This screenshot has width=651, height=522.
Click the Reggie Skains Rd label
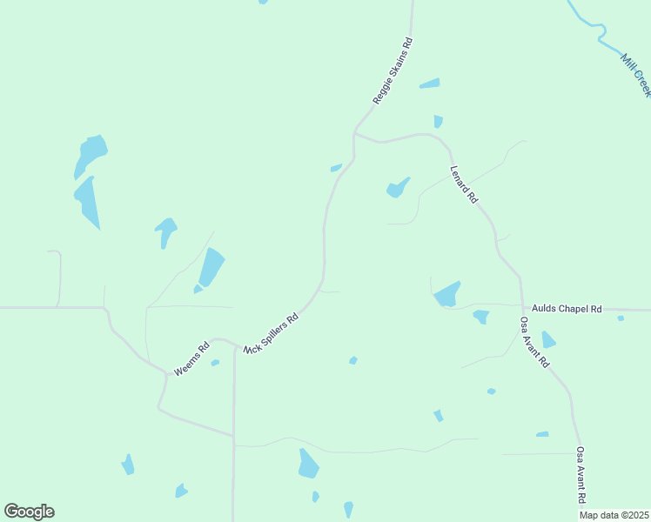click(392, 71)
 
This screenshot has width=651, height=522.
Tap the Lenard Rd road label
click(464, 184)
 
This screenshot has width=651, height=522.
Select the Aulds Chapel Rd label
click(567, 309)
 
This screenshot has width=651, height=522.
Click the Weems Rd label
click(191, 358)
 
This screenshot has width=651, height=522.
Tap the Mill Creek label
click(635, 75)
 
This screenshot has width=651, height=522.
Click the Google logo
click(29, 512)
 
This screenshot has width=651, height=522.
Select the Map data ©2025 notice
click(614, 515)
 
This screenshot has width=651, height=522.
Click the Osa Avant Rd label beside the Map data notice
click(581, 475)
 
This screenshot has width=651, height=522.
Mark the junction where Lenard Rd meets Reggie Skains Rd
click(354, 134)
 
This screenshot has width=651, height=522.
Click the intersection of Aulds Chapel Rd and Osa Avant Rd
click(522, 308)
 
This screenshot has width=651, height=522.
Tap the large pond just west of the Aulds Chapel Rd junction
click(447, 294)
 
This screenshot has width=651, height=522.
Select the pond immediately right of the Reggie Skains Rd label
click(429, 84)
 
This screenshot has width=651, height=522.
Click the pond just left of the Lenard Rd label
click(398, 188)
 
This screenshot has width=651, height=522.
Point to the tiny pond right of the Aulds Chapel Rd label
click(621, 318)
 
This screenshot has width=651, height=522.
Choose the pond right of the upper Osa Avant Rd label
click(548, 339)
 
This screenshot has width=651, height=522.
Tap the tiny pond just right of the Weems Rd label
click(215, 363)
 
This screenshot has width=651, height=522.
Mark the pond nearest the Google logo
click(128, 465)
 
